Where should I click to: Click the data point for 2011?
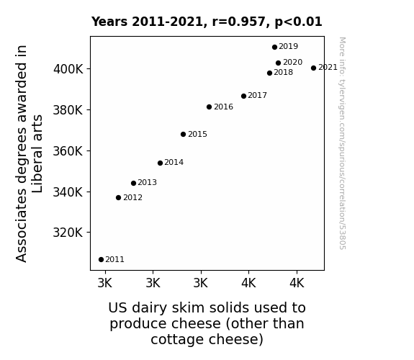point(101,260)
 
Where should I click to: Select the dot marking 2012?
point(119,197)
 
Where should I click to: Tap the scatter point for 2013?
point(134,184)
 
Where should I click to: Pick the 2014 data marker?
point(161,163)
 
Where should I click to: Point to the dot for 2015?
point(183,134)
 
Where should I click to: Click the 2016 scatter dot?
point(209,107)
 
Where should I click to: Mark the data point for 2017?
point(243,96)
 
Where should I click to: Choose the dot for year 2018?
point(269,73)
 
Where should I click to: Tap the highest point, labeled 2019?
point(274,47)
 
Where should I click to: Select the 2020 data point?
point(279,63)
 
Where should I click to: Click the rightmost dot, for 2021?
point(314,68)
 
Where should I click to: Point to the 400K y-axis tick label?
point(68,69)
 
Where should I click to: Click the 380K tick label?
point(68,110)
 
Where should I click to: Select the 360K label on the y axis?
point(68,151)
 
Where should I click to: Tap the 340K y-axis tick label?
point(68,192)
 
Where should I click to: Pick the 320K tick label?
point(68,233)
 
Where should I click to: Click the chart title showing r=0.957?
point(207,22)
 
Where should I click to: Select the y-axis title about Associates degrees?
point(29,153)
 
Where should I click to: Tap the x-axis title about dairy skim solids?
point(207,323)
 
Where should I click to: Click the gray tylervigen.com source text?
point(343,143)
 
